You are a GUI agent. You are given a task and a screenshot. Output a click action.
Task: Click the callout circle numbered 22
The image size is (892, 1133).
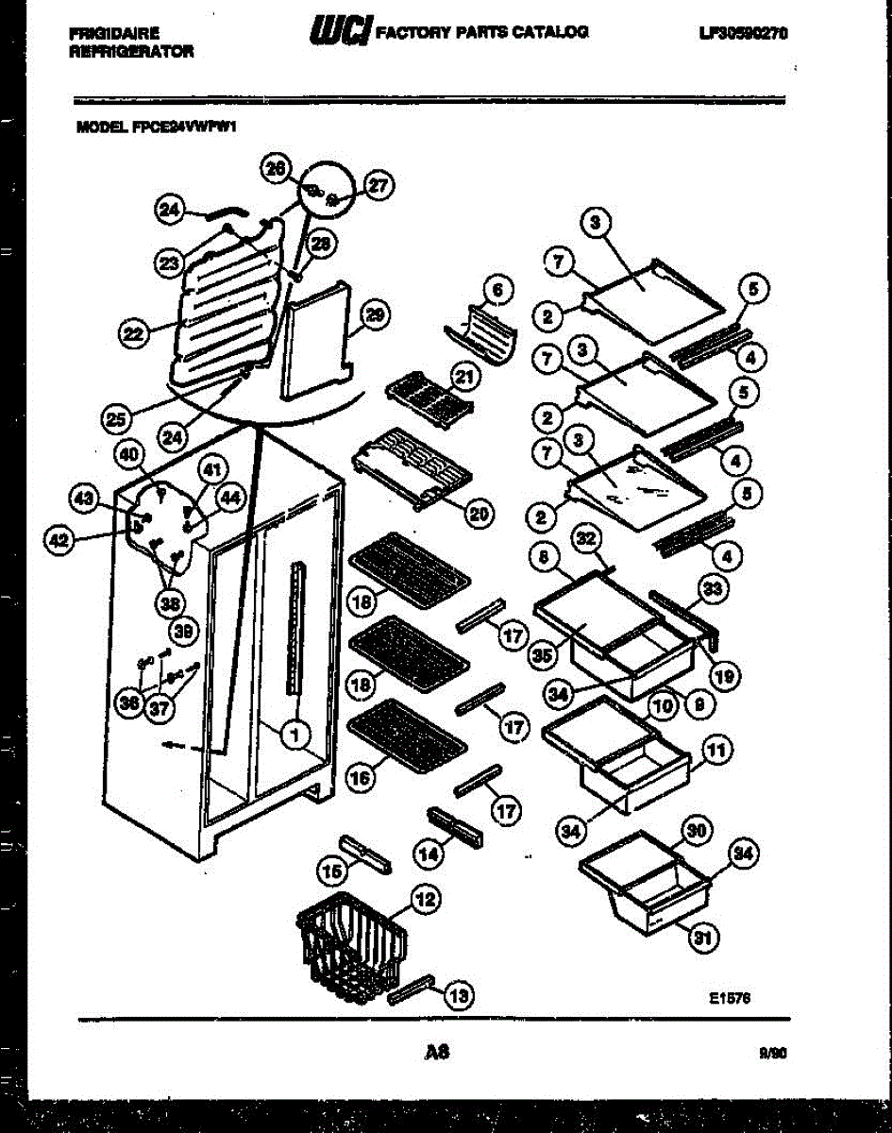(x=133, y=332)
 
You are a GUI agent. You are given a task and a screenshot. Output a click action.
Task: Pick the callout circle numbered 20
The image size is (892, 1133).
(x=479, y=514)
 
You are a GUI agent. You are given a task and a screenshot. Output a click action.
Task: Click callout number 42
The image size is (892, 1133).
(x=59, y=539)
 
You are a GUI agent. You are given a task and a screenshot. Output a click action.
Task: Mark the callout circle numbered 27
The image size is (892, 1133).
(x=378, y=187)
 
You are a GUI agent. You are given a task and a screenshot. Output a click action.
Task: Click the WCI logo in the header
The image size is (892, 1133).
(x=336, y=32)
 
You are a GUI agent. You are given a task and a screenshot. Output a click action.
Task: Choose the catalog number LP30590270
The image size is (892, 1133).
(x=743, y=33)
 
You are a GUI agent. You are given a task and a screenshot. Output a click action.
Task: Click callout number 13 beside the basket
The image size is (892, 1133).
(x=458, y=994)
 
